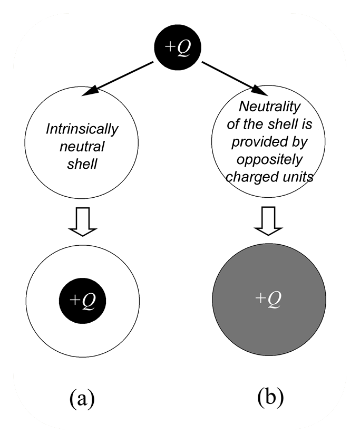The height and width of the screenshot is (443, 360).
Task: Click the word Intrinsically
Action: tap(82, 129)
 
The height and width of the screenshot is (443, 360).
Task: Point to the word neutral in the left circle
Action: tap(83, 146)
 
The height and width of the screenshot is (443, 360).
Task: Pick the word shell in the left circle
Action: tap(83, 163)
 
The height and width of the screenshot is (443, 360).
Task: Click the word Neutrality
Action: tap(269, 107)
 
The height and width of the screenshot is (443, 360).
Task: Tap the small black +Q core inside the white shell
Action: tap(83, 301)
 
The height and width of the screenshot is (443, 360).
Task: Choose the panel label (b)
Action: tap(270, 397)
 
